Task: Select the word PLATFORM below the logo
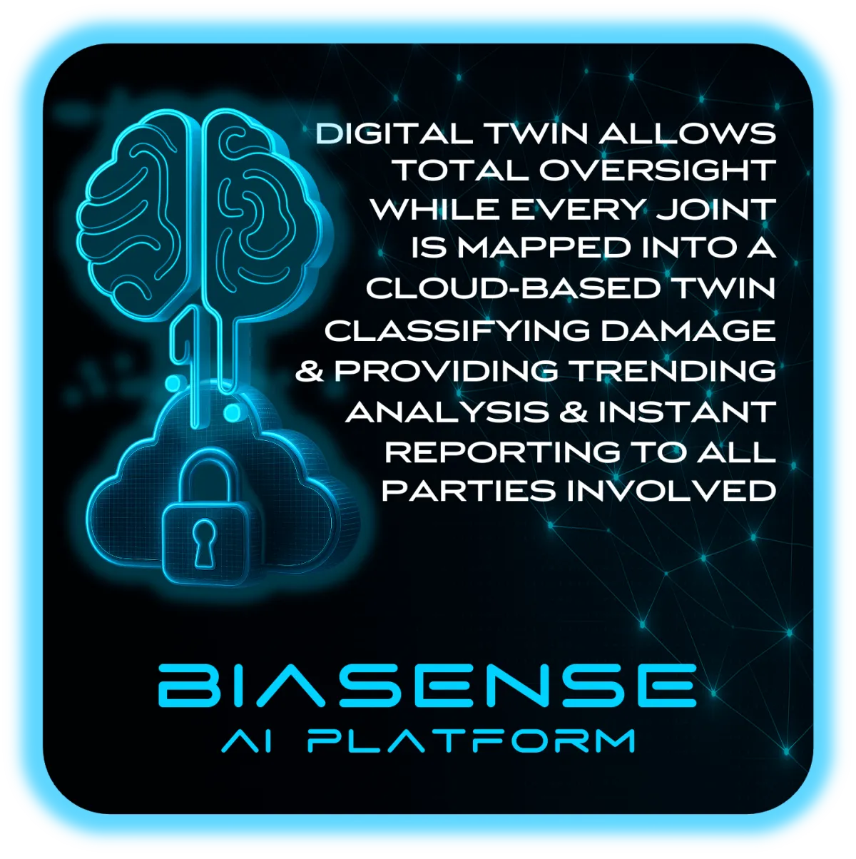tap(471, 741)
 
